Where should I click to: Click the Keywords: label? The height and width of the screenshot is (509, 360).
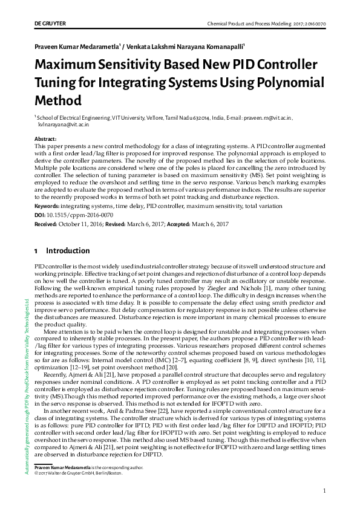pos(51,207)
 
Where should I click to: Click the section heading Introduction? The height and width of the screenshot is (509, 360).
pos(68,251)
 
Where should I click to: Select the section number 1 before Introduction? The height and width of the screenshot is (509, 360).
pos(36,251)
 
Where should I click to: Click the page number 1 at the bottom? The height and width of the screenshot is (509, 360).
pos(325,491)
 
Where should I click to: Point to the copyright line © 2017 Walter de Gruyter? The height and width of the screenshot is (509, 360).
pos(78,473)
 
